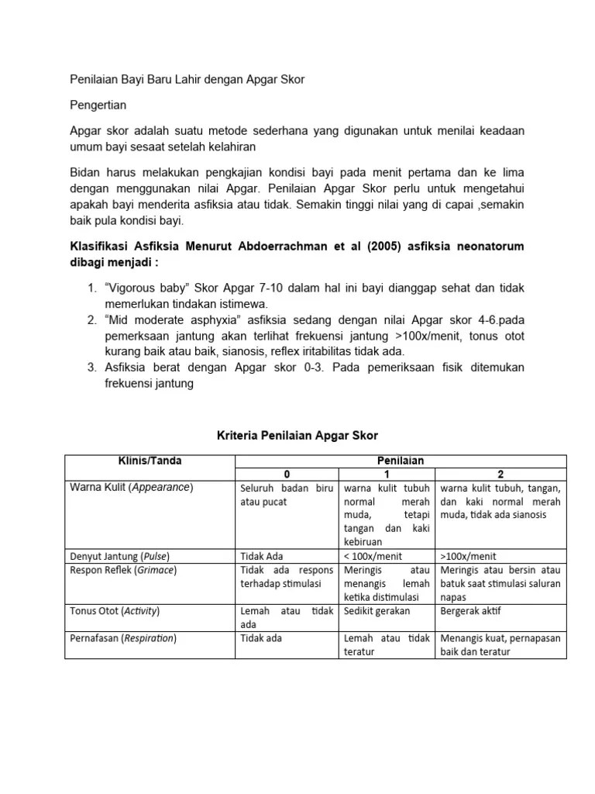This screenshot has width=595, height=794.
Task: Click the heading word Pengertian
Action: pyautogui.click(x=98, y=104)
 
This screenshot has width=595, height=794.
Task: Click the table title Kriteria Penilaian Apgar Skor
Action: pyautogui.click(x=297, y=436)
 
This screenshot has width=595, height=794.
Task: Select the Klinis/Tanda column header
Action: pyautogui.click(x=150, y=461)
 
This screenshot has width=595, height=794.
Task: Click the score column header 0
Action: pyautogui.click(x=286, y=474)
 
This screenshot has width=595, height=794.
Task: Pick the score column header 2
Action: pyautogui.click(x=500, y=474)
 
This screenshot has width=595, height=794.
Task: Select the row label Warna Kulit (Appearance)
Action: pyautogui.click(x=131, y=488)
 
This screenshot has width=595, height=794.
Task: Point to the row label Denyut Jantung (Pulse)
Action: pyautogui.click(x=119, y=556)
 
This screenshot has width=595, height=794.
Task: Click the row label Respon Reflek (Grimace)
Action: pyautogui.click(x=123, y=570)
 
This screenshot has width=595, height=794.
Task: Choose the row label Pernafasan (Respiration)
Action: pyautogui.click(x=123, y=638)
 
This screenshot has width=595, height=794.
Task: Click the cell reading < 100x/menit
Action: pyautogui.click(x=373, y=556)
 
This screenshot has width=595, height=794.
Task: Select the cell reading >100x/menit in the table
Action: pyautogui.click(x=468, y=556)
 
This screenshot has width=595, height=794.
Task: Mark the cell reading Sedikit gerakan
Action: pyautogui.click(x=377, y=611)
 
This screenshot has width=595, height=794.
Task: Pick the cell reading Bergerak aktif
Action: pyautogui.click(x=469, y=611)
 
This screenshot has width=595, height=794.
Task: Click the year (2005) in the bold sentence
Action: pyautogui.click(x=349, y=247)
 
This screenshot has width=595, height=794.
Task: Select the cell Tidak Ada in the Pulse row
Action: pyautogui.click(x=260, y=556)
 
